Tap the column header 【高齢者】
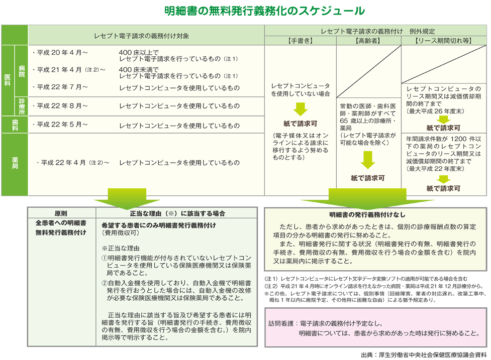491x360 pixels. point(368,40)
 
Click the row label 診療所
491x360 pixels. point(22,106)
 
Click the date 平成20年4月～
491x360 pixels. point(60,52)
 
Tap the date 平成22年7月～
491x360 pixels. point(60,87)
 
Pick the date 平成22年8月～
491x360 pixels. point(60,106)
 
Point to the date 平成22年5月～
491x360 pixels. point(60,125)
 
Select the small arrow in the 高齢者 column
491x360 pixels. point(368,160)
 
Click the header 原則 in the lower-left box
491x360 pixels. point(61,213)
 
